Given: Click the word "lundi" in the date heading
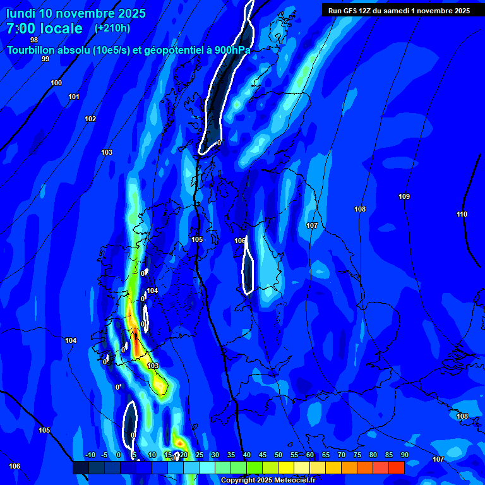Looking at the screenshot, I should (20, 13).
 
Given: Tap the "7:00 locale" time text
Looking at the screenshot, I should (44, 28).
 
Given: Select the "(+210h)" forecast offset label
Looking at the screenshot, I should (112, 28).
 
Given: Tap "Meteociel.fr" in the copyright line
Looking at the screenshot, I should (293, 480).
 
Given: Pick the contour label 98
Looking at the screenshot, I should (34, 40).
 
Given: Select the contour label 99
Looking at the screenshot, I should (45, 59).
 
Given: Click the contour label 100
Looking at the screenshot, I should (56, 83).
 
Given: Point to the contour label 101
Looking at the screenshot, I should (74, 97).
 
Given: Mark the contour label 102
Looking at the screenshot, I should (90, 119).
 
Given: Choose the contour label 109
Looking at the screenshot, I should (404, 196).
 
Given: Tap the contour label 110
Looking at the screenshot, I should (462, 214).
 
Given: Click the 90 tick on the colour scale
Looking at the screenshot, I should (404, 455).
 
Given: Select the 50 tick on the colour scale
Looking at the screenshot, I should (278, 455).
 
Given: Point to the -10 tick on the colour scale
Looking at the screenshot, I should (89, 455).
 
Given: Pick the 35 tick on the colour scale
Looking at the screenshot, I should (231, 455).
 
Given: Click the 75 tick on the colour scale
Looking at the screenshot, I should (357, 455).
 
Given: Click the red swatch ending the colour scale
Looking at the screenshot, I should (397, 467).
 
